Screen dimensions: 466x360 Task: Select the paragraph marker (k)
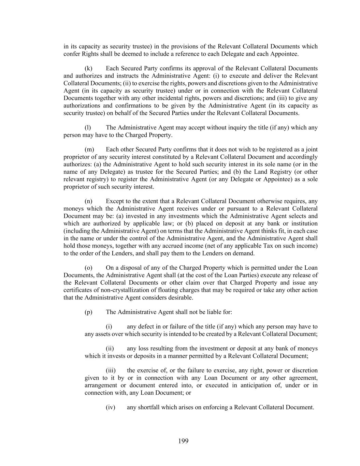click(x=88, y=69)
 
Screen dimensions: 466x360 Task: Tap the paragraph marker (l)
click(x=88, y=128)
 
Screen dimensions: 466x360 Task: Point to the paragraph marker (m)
click(x=89, y=150)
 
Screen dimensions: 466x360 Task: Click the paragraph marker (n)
click(x=88, y=201)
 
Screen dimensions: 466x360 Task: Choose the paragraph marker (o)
click(x=88, y=268)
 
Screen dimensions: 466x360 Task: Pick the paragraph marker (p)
click(x=88, y=312)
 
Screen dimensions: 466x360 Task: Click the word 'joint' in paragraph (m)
click(x=312, y=150)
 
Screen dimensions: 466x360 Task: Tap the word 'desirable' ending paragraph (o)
click(x=180, y=298)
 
